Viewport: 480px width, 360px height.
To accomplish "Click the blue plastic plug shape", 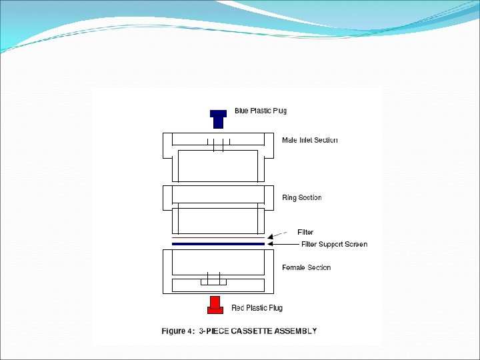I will click(218, 118).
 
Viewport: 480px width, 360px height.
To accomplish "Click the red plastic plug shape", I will click(215, 305).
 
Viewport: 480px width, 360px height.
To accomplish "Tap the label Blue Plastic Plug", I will click(261, 111).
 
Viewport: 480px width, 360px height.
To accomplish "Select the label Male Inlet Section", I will click(309, 140).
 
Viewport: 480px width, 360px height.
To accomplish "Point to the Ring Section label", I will click(301, 197).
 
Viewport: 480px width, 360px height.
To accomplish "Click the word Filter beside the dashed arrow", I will click(305, 232).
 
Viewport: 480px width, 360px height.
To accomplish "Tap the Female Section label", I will click(306, 267).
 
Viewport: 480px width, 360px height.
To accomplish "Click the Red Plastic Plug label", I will click(257, 307).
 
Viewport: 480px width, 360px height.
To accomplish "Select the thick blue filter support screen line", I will click(218, 244).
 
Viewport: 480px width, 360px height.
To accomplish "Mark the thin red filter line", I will click(218, 237).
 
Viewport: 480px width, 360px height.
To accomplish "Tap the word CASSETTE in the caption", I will click(254, 331).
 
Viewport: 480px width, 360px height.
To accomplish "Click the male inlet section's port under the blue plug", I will click(218, 144).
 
